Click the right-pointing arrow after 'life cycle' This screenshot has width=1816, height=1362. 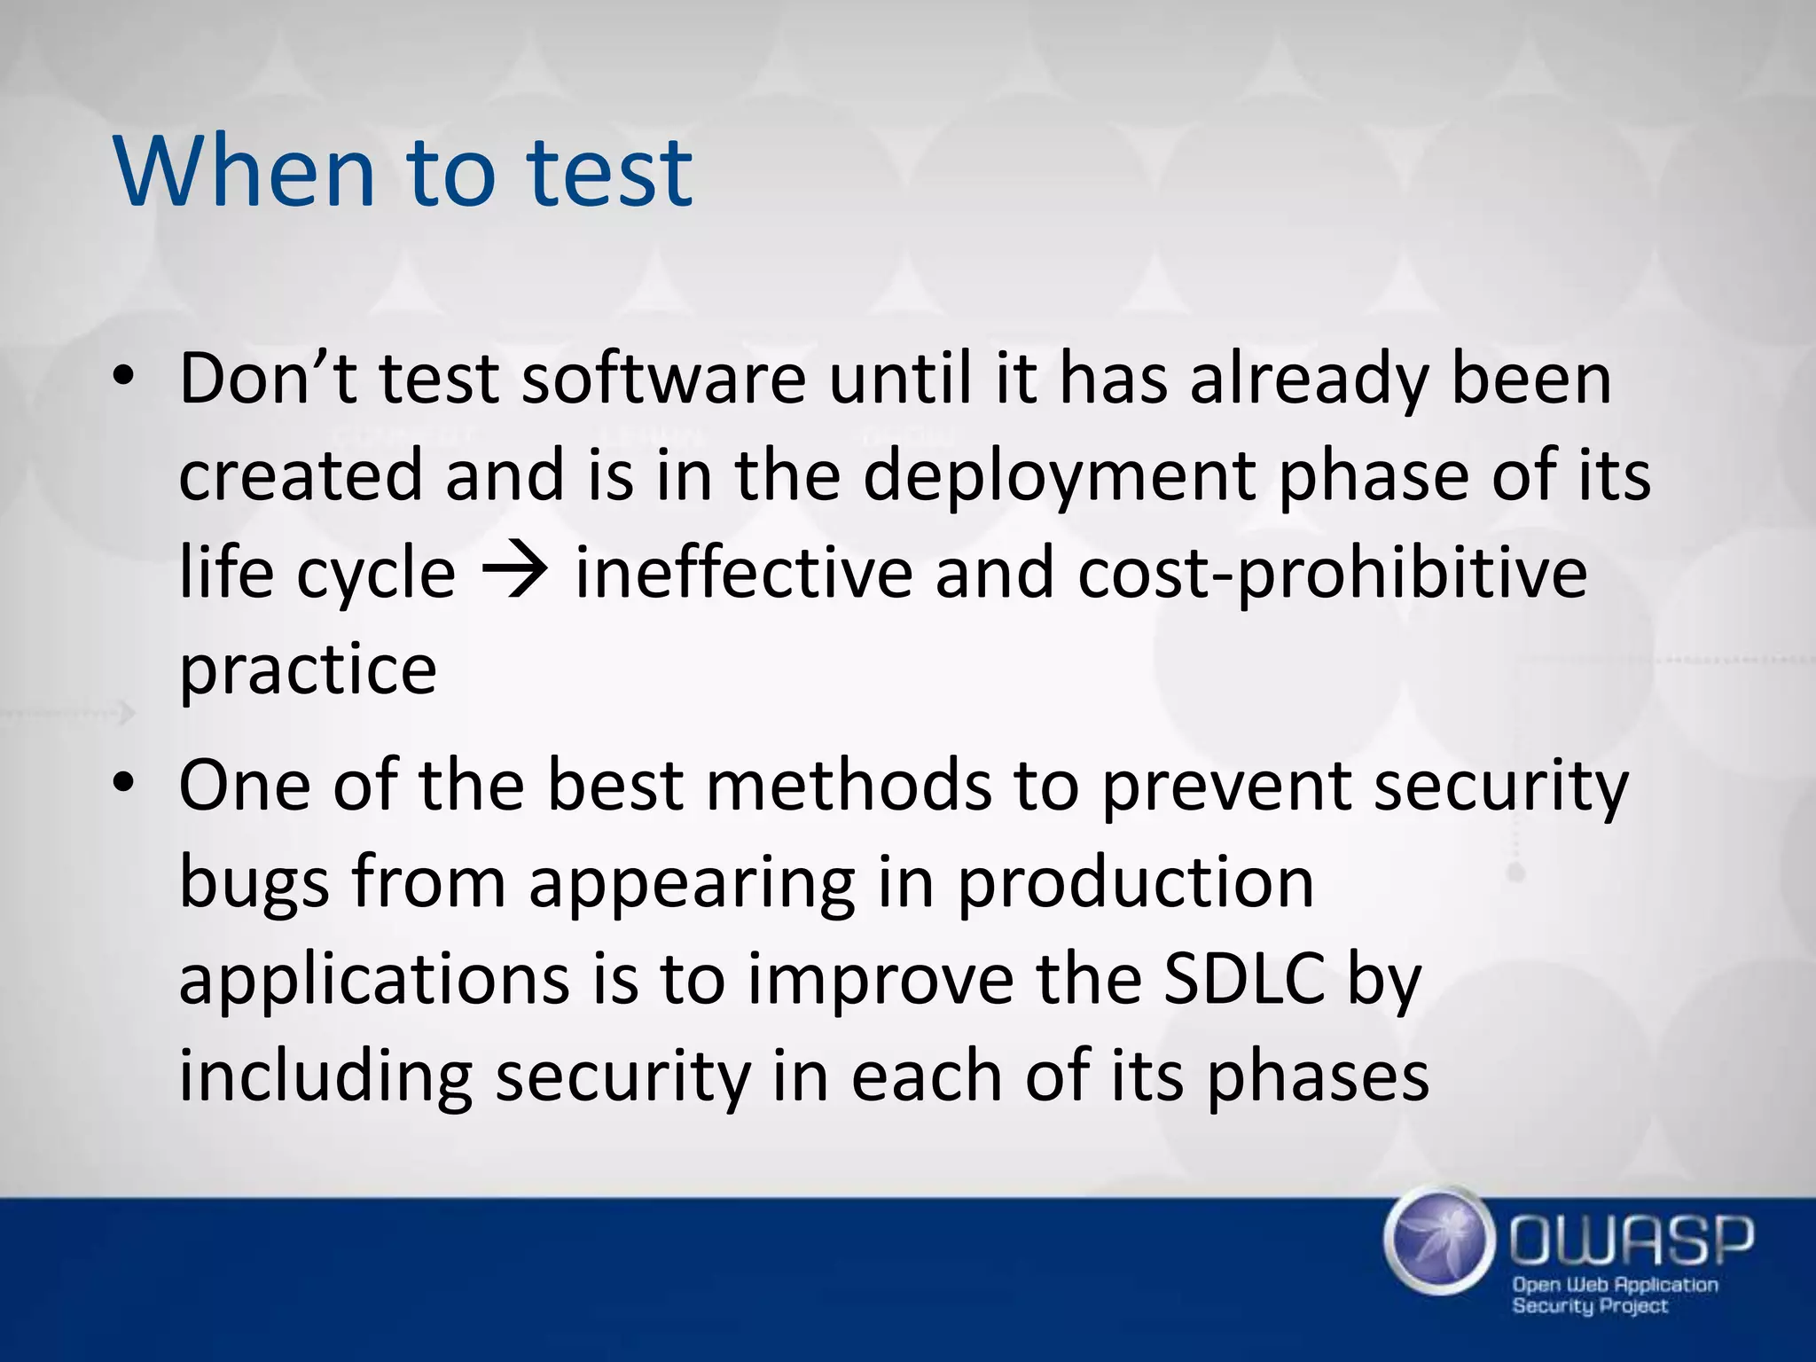click(514, 572)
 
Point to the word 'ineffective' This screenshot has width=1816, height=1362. click(744, 572)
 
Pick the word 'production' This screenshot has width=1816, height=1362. click(1135, 884)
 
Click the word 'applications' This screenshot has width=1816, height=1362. click(374, 981)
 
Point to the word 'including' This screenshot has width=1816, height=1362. click(325, 1077)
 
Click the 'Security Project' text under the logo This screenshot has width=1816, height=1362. click(1589, 1306)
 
